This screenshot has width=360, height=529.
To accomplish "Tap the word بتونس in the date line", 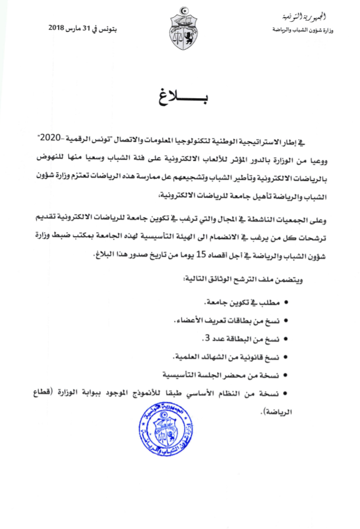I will pyautogui.click(x=132, y=28).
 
